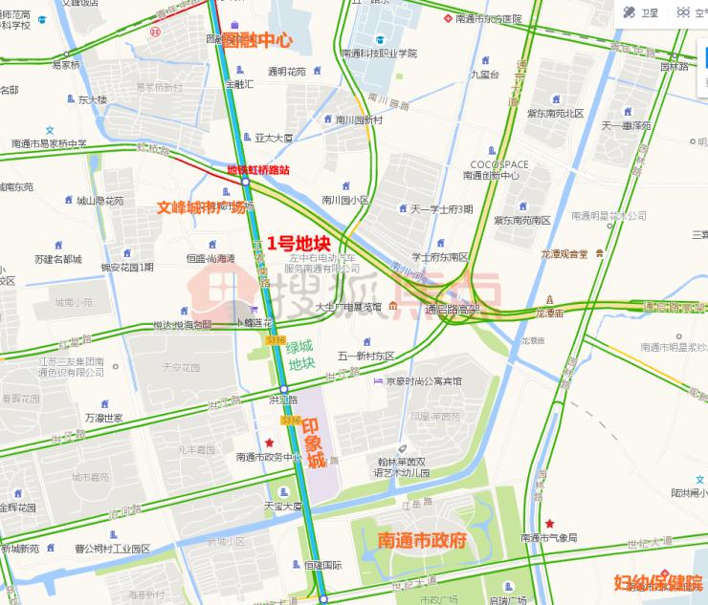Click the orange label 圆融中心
[256, 41]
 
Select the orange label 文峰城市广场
[206, 205]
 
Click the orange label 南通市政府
[421, 539]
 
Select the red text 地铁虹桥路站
[257, 169]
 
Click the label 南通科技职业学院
[379, 54]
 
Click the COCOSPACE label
[493, 163]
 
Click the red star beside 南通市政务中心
[271, 443]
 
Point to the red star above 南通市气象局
[550, 524]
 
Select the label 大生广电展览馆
[348, 307]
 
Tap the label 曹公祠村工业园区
[112, 549]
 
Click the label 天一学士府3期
[441, 208]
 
